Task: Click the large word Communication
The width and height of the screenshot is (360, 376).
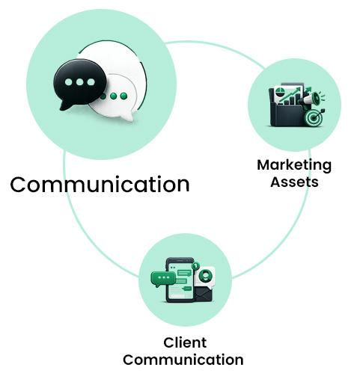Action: point(100,185)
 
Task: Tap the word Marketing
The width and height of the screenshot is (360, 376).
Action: point(294,166)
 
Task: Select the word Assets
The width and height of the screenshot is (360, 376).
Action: point(294,182)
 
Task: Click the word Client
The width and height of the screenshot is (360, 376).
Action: point(185,342)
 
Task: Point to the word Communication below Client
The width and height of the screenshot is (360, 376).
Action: point(183,360)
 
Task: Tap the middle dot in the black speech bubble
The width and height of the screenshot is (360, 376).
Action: point(79,81)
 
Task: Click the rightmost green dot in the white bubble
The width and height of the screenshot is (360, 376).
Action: point(123,96)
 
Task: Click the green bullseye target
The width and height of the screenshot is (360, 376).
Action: point(314,117)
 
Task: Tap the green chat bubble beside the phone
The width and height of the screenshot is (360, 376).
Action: point(162,278)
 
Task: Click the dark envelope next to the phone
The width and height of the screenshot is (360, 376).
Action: point(204,294)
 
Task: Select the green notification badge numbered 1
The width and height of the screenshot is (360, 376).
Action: point(195,266)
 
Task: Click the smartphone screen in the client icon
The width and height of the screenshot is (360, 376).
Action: point(180,281)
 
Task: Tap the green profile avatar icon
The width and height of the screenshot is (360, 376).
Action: point(205,275)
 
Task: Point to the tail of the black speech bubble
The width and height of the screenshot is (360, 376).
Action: point(65,105)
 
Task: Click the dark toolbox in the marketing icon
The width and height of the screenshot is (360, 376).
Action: point(287,114)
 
